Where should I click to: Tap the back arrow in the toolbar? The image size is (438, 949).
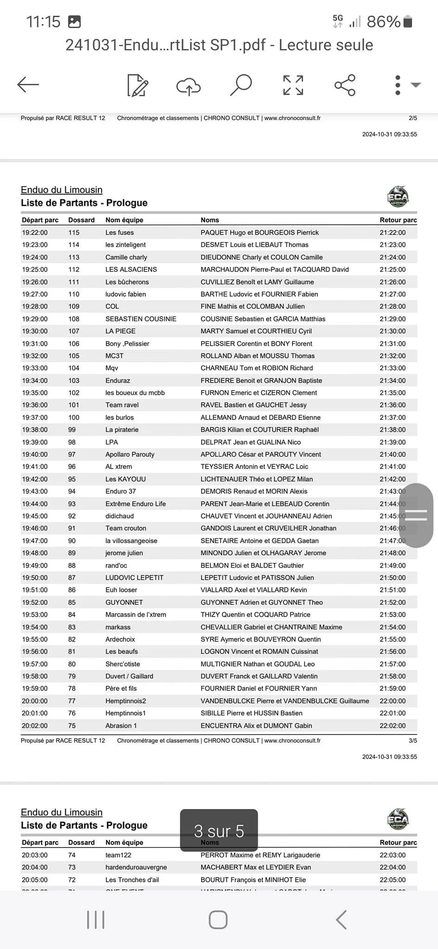[28, 85]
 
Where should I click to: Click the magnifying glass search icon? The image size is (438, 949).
[241, 85]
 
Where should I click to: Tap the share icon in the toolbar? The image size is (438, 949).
[345, 85]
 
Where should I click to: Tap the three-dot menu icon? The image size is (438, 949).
[398, 85]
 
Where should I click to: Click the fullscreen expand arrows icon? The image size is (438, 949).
[293, 85]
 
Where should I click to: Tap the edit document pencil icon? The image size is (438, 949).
[138, 85]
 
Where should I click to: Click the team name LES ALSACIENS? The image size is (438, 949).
[131, 269]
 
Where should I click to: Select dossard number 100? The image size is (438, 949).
[74, 418]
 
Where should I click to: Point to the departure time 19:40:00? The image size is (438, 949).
[35, 455]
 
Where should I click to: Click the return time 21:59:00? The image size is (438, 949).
[393, 689]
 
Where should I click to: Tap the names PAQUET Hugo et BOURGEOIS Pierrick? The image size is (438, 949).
[260, 233]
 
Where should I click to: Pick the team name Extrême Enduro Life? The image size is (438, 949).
[135, 504]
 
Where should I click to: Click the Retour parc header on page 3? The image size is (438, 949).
[398, 220]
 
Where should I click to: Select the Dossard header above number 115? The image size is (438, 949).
[81, 220]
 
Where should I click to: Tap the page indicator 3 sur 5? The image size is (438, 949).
[219, 831]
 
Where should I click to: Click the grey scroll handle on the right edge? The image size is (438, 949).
[416, 515]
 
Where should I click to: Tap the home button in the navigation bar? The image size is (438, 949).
[218, 920]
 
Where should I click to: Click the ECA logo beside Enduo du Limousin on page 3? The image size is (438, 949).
[398, 197]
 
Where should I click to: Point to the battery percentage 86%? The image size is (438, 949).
[383, 22]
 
